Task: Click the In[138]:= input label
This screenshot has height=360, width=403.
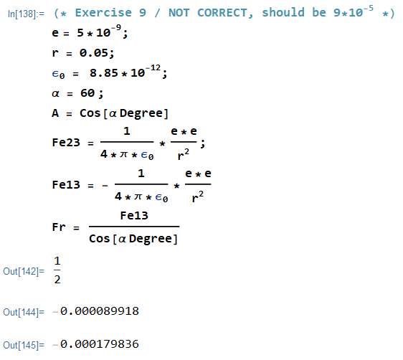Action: point(26,14)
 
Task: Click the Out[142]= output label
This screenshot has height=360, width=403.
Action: point(24,271)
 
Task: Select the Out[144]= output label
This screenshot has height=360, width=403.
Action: point(24,312)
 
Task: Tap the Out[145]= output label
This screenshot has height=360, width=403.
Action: point(24,345)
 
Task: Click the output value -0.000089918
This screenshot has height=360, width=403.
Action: point(96,311)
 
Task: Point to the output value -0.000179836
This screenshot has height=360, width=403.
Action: point(96,344)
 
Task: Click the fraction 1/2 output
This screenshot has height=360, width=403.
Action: point(57,270)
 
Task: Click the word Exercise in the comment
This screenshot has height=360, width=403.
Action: point(103,13)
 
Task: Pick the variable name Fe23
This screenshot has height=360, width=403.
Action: point(66,143)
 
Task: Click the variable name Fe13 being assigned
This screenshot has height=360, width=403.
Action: point(66,185)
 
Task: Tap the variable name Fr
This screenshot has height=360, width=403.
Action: point(59,227)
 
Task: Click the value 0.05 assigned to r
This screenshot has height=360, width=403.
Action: point(93,53)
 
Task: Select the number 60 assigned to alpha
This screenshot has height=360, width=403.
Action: point(87,93)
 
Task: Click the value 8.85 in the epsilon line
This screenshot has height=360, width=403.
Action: point(103,73)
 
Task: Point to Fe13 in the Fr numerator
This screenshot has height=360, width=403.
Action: point(134,216)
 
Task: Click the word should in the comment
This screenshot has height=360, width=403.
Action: point(283,13)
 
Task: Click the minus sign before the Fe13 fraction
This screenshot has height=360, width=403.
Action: point(105,186)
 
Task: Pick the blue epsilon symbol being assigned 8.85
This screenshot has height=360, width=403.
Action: point(58,75)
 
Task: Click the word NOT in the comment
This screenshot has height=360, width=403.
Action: point(179,13)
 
